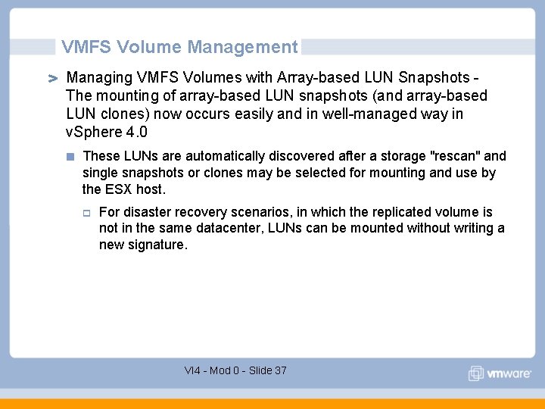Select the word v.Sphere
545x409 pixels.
[x=92, y=132]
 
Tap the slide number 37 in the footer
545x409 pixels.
[x=280, y=370]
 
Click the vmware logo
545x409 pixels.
[x=500, y=373]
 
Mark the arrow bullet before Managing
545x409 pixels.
[x=54, y=79]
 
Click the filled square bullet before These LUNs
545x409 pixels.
[x=70, y=157]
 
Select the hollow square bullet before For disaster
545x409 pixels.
[x=88, y=213]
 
